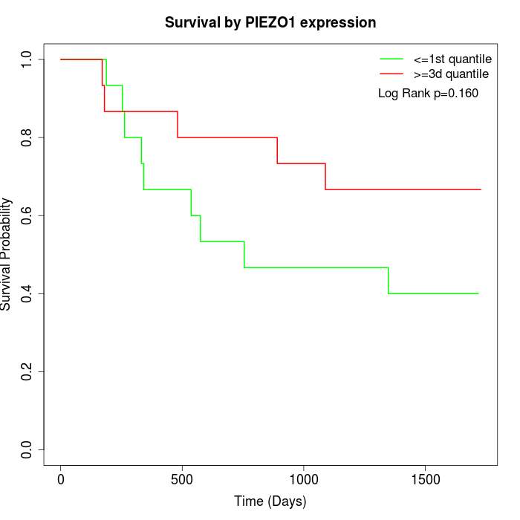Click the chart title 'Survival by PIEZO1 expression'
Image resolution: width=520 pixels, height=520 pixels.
tap(270, 22)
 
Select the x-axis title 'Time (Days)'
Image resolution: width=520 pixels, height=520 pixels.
tap(270, 501)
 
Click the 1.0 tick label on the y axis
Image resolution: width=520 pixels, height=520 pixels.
tap(27, 59)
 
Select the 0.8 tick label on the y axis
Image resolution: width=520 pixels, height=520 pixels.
tap(27, 137)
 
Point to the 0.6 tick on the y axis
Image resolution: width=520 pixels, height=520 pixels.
tap(27, 215)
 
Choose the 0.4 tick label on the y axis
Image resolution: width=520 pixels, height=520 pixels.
tap(27, 293)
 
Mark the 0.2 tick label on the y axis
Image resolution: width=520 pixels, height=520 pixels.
tap(27, 371)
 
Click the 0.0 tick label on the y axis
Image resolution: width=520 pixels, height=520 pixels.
tap(27, 449)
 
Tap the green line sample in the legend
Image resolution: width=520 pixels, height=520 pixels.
tap(391, 59)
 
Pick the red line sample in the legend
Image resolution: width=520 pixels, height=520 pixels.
tap(391, 74)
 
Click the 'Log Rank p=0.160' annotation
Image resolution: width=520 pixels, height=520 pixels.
tap(428, 94)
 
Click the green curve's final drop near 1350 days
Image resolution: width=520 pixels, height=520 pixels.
tap(388, 280)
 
